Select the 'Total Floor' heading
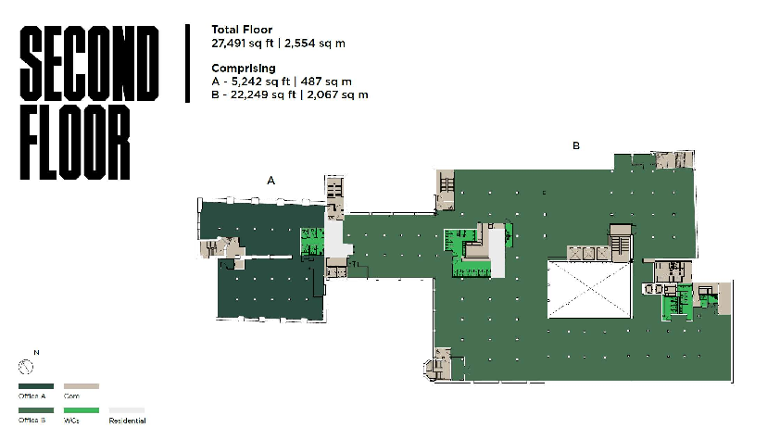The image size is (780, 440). coord(241,30)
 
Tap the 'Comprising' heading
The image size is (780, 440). coord(244,69)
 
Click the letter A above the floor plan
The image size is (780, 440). coord(271,181)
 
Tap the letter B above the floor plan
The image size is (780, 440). coord(576,145)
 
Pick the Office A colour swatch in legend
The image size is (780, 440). coord(35,386)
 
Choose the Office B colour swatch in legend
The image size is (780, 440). coord(35,409)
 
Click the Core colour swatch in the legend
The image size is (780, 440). coord(81,386)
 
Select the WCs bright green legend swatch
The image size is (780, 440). coord(81,409)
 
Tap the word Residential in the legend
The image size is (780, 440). coord(128,421)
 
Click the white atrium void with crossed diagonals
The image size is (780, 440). coord(588,291)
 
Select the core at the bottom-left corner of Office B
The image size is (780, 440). coord(440,363)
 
